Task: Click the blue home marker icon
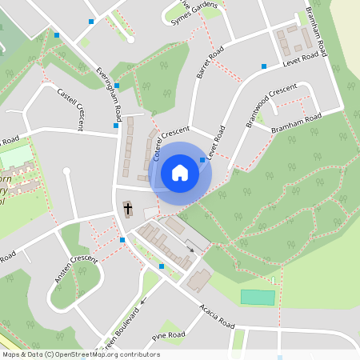click(x=180, y=172)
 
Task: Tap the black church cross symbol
click(x=127, y=210)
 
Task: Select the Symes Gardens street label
click(x=194, y=14)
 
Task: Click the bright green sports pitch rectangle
click(x=258, y=297)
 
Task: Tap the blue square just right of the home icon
click(x=202, y=160)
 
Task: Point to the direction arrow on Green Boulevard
click(x=144, y=302)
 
